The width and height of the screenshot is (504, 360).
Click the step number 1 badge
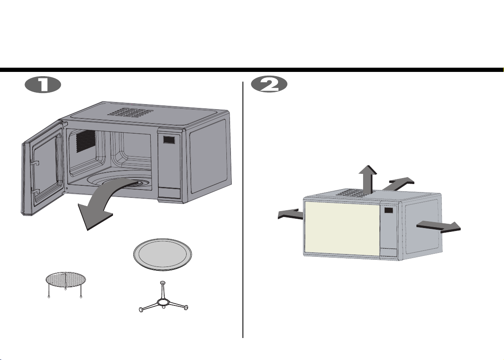[43, 86]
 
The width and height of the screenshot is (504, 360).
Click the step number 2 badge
[269, 85]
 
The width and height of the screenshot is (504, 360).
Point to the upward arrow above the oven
[368, 179]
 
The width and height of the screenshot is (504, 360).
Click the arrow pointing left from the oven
[290, 214]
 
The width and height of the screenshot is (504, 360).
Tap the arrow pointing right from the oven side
[438, 227]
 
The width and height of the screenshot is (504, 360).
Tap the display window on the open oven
[169, 140]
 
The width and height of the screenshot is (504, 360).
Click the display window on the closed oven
[388, 211]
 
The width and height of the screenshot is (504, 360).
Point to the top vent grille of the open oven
[130, 112]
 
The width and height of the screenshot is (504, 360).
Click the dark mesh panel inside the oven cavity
[85, 141]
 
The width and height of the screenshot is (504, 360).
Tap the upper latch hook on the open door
[35, 162]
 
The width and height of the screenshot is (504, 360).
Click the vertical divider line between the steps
[242, 209]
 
